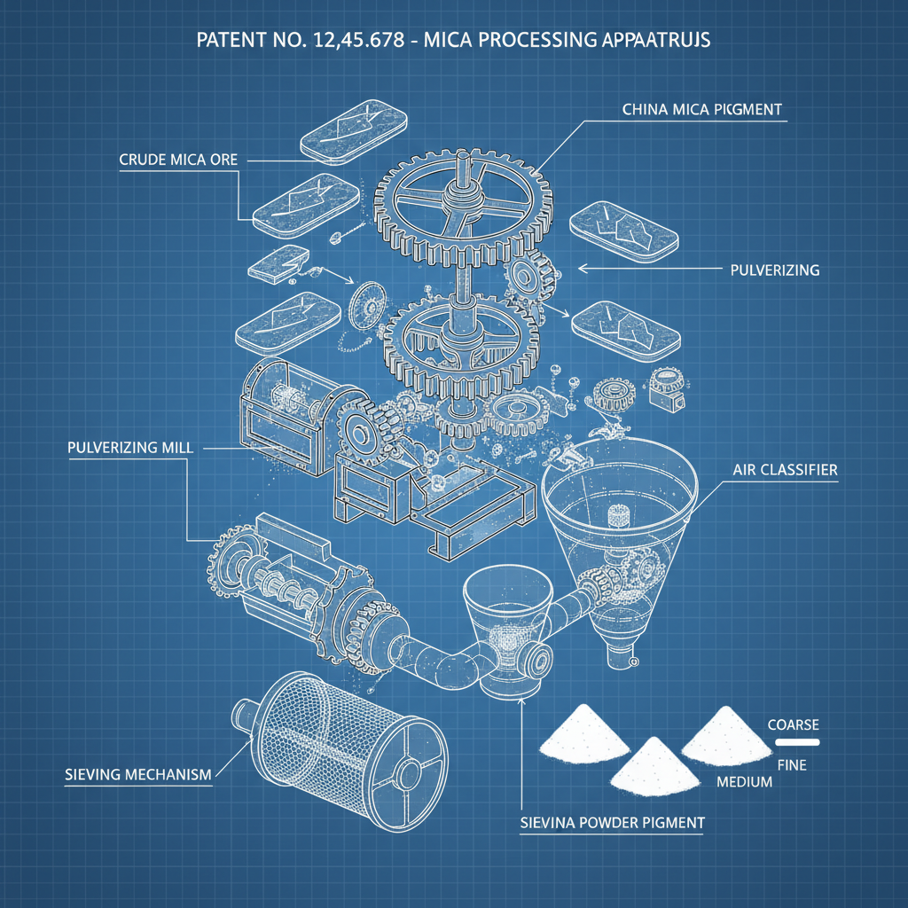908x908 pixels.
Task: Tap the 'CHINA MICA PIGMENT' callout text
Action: (701, 111)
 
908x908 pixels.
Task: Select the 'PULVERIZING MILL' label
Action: (129, 447)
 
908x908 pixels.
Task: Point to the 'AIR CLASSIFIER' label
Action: (786, 470)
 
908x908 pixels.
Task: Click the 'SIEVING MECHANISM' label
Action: (138, 774)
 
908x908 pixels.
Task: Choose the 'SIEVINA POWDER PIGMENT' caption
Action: (612, 823)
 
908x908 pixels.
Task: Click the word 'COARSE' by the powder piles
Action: (793, 724)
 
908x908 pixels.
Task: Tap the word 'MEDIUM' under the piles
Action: (743, 782)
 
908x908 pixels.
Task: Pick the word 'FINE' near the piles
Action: (791, 764)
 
